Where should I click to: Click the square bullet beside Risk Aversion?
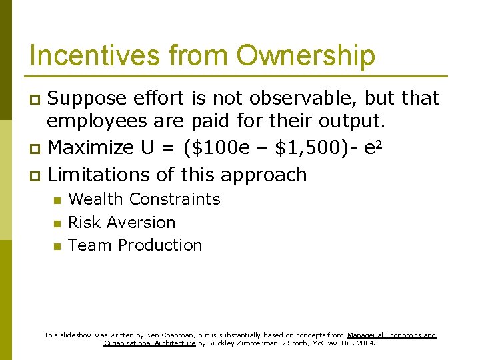[57, 223]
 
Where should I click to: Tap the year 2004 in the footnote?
[366, 343]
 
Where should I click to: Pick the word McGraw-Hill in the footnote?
[333, 343]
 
